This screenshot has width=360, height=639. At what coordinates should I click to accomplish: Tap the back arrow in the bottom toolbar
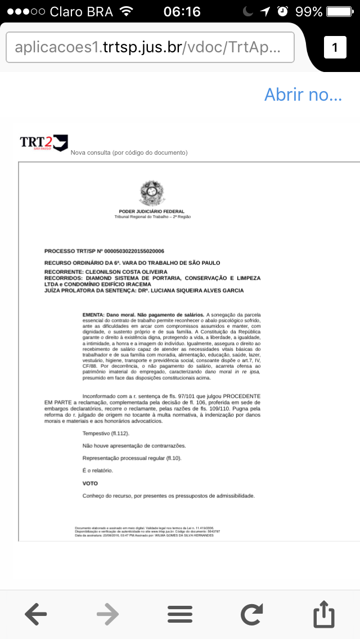coord(36,614)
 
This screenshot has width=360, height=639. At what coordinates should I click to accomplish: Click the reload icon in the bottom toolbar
coord(252,614)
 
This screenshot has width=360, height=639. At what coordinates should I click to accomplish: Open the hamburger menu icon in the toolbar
coord(180,614)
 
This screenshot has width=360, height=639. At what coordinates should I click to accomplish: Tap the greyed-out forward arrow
coord(108,614)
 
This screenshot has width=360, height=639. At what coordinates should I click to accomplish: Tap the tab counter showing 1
coord(335,48)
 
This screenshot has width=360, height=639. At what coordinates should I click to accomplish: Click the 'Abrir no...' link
coord(303,94)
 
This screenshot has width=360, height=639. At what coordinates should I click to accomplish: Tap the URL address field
coord(150,48)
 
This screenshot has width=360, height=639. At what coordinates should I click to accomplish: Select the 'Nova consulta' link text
coord(129,153)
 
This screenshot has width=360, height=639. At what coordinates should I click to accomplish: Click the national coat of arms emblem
coord(152,193)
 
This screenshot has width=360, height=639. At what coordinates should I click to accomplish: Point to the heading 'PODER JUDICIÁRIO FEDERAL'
coord(152,211)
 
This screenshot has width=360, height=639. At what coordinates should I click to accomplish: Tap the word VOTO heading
coord(90,483)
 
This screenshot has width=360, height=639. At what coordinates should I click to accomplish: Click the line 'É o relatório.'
coord(98,470)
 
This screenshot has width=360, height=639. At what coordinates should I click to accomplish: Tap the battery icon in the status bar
coord(341,11)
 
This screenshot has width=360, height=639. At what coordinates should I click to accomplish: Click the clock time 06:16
coord(182,11)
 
